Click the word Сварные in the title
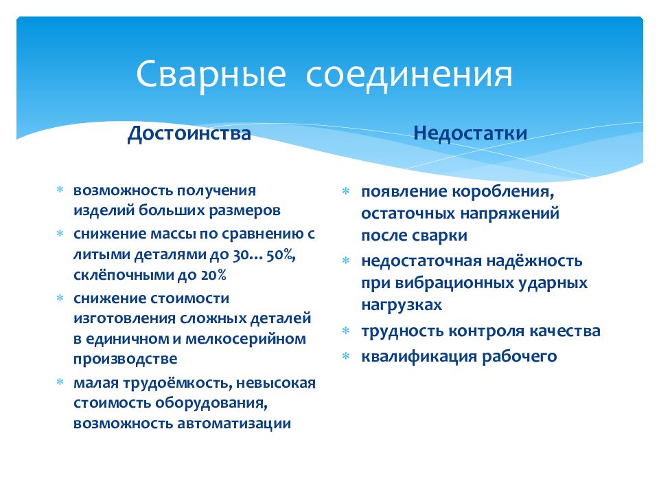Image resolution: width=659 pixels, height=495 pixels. pyautogui.click(x=211, y=75)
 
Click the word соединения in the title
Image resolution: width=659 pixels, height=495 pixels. pyautogui.click(x=409, y=75)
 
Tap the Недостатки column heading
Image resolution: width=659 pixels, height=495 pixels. pyautogui.click(x=470, y=133)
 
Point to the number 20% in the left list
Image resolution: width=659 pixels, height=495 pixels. pyautogui.click(x=213, y=275)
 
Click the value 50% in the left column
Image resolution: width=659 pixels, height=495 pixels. pyautogui.click(x=281, y=254)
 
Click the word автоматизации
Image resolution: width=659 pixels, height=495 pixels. pyautogui.click(x=234, y=423)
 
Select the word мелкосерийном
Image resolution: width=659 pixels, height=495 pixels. pyautogui.click(x=246, y=339)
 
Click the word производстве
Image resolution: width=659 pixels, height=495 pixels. pyautogui.click(x=125, y=359)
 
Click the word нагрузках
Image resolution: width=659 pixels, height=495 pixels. pyautogui.click(x=402, y=305)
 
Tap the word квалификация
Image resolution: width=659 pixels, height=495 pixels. pyautogui.click(x=419, y=357)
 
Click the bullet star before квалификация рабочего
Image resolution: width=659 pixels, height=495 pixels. pyautogui.click(x=345, y=357)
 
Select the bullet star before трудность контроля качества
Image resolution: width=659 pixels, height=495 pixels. pyautogui.click(x=345, y=331)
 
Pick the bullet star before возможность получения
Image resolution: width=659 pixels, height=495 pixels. pyautogui.click(x=60, y=190)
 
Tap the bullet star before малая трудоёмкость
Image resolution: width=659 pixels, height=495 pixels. pyautogui.click(x=60, y=382)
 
